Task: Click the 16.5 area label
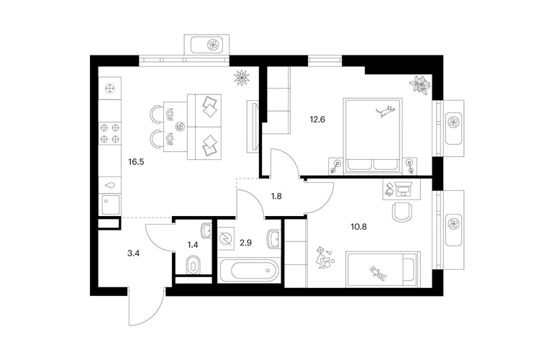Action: coord(136,162)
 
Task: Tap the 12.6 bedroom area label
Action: coord(317,120)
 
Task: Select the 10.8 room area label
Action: coord(358,227)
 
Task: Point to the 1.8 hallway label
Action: coord(276,196)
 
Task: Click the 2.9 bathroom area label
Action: coord(245,243)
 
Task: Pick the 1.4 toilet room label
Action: coord(193,243)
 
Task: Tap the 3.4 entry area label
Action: coord(134,253)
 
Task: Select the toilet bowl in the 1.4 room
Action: coord(193,265)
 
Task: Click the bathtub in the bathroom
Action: coord(250,271)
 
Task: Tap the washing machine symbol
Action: coord(226,239)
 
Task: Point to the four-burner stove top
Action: coord(109,133)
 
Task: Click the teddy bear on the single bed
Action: coord(378,273)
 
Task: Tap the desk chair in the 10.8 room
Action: coord(402,212)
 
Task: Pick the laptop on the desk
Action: coord(402,189)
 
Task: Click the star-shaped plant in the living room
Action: coord(242,78)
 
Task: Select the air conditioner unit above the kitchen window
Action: coord(206,45)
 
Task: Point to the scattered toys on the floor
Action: coord(324,258)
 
